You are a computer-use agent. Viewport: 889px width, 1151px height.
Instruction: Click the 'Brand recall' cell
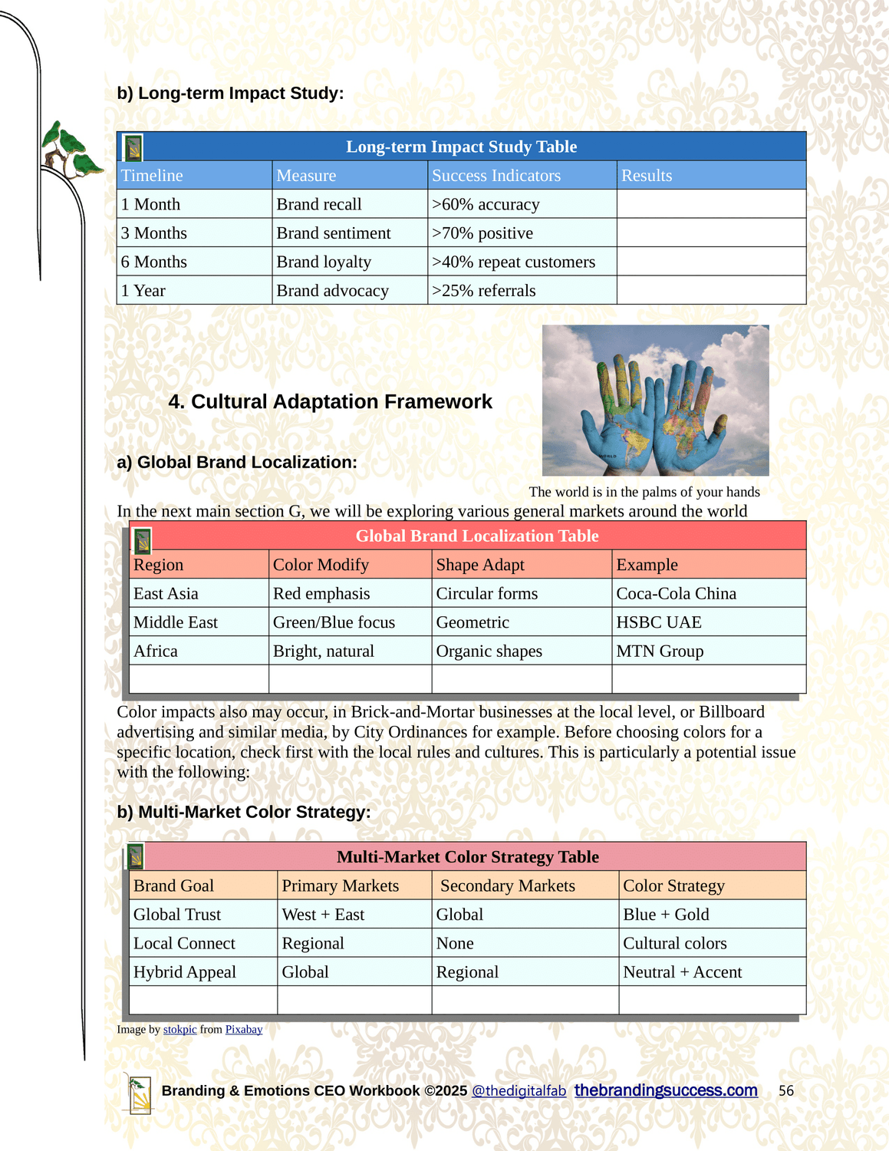319,204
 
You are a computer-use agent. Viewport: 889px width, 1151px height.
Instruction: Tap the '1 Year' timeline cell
143,291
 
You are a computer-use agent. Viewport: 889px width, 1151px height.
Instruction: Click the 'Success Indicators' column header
496,176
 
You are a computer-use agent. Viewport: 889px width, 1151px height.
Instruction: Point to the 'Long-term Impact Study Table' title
461,147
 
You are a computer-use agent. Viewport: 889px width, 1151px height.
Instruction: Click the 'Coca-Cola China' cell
676,594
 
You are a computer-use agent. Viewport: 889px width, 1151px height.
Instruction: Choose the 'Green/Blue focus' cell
334,622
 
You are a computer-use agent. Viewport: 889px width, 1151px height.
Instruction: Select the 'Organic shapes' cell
489,651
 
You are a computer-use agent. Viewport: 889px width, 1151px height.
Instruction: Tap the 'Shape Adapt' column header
480,565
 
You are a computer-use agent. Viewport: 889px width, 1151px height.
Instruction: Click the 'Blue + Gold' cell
666,915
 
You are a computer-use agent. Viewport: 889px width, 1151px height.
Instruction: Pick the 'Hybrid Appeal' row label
184,972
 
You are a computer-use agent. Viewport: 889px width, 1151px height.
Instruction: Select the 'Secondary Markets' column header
507,886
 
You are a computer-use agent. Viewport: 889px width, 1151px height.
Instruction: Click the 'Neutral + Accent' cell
682,972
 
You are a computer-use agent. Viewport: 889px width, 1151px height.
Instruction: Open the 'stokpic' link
179,1030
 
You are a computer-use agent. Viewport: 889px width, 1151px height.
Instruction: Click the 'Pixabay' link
244,1030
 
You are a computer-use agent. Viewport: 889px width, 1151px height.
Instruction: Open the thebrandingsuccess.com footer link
666,1090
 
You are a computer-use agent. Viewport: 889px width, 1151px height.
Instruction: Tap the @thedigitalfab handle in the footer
519,1091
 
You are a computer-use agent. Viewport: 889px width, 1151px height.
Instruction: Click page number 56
786,1091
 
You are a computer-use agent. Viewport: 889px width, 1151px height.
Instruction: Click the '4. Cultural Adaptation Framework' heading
330,402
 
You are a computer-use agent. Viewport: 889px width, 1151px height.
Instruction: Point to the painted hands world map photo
655,401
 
